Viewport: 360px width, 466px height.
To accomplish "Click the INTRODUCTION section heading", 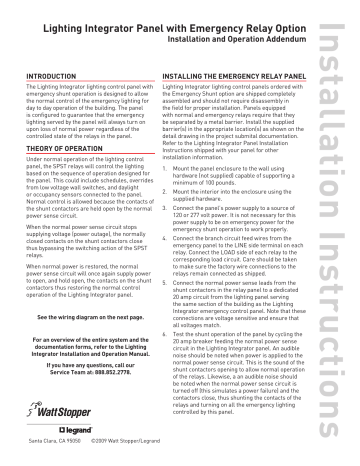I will (46, 76).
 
